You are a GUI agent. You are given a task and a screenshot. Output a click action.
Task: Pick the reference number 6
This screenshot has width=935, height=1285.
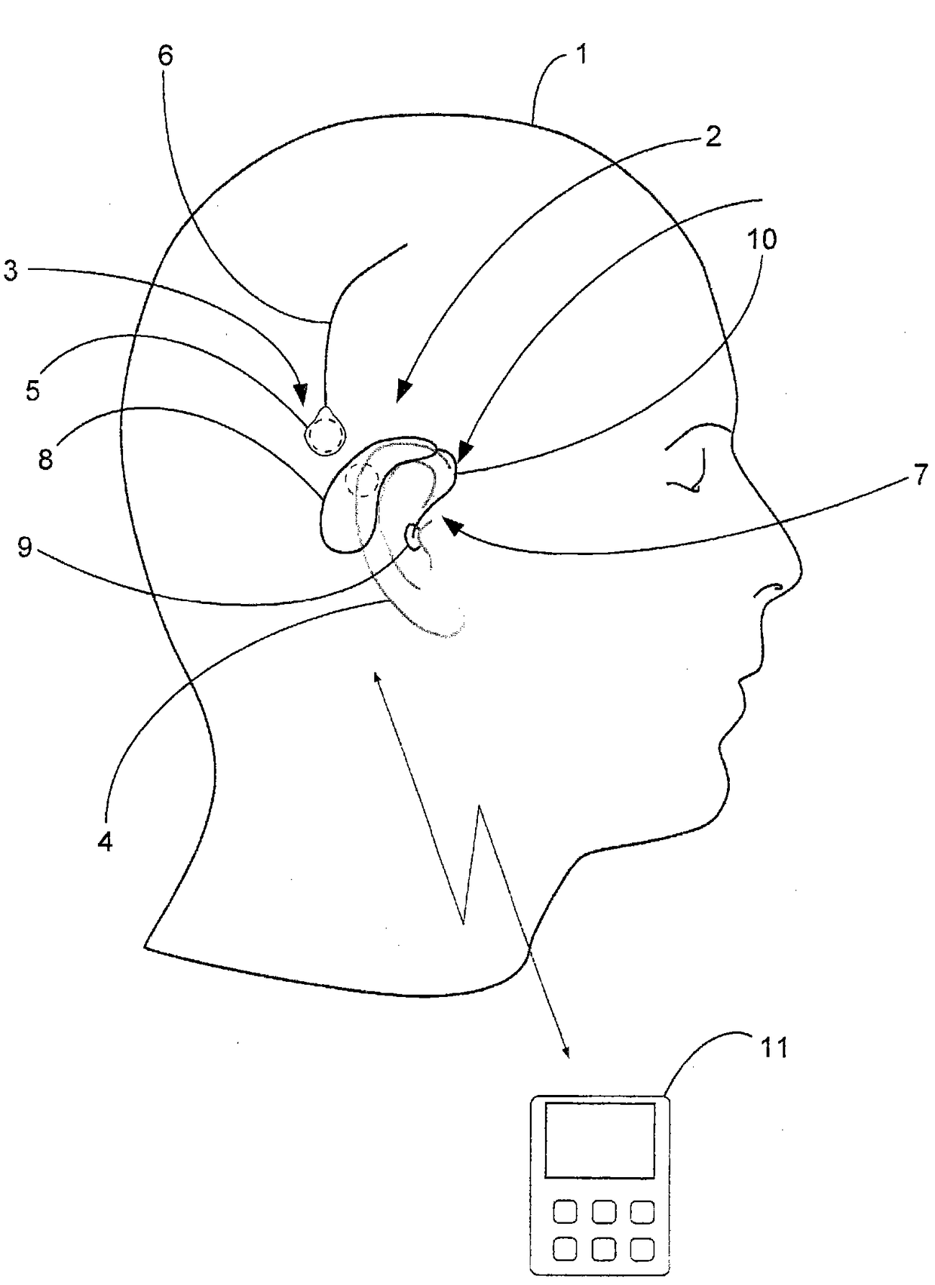pos(165,55)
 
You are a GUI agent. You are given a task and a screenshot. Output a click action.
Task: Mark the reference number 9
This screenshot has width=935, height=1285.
pos(25,548)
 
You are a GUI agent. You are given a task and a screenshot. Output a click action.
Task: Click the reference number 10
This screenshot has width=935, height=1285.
pos(761,240)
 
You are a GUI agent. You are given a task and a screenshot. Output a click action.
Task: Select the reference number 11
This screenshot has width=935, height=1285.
pos(773,1047)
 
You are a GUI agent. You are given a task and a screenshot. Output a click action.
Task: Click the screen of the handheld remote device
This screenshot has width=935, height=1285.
pos(599,1140)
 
